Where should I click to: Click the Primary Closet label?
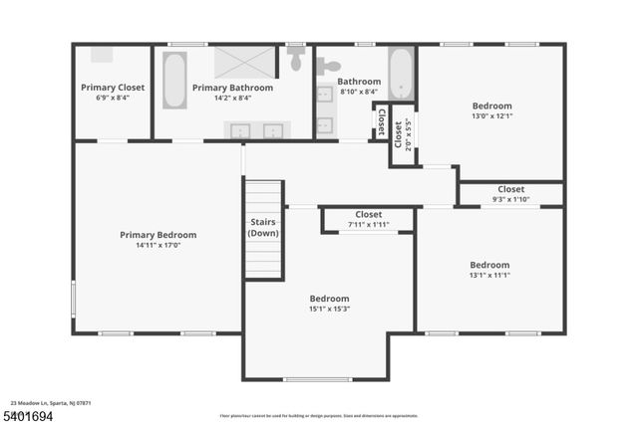[x=113, y=88]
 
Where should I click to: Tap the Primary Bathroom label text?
[x=232, y=88]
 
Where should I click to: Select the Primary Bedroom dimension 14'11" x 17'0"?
[x=158, y=245]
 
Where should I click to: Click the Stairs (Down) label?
[x=263, y=228]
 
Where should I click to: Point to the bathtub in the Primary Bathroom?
[x=174, y=82]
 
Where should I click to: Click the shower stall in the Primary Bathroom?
[x=240, y=65]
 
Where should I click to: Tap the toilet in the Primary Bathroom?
[x=296, y=60]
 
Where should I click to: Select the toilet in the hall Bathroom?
[x=327, y=67]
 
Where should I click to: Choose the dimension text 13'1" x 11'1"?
[x=489, y=275]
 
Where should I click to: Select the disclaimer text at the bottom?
[x=318, y=415]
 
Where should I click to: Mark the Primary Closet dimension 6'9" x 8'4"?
[x=113, y=98]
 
